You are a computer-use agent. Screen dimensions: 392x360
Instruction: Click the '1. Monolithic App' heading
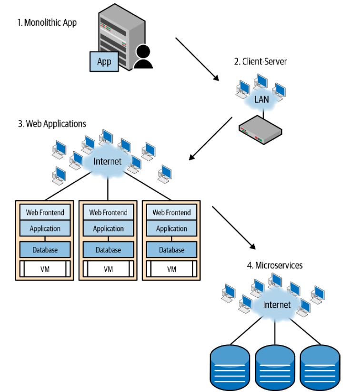click(47, 22)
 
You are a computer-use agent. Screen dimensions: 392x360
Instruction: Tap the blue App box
click(104, 62)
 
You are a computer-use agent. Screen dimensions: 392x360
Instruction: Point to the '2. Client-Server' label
click(260, 61)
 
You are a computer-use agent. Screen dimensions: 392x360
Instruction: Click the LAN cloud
click(261, 100)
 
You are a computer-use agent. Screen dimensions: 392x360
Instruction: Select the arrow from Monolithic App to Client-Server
click(197, 59)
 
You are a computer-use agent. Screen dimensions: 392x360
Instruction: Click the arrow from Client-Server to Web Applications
click(211, 138)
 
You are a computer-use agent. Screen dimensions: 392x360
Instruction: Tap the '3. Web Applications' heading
click(52, 124)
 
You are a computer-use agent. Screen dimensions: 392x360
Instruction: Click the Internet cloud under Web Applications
click(107, 161)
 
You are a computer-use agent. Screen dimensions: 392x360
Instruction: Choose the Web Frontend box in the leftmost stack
click(45, 212)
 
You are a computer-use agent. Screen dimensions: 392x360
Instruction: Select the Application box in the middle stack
click(109, 229)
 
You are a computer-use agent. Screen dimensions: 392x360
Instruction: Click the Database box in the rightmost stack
click(171, 250)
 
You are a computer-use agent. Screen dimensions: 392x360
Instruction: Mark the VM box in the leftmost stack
click(45, 269)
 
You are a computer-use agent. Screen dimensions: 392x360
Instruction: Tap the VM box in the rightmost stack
click(171, 269)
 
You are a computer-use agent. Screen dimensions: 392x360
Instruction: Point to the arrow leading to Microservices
click(233, 227)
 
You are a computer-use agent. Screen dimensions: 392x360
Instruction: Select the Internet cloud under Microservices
click(276, 304)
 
